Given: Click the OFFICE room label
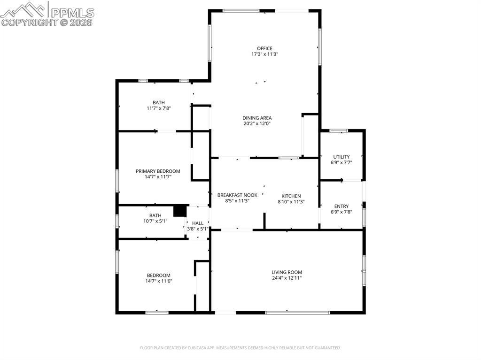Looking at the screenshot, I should (264, 48).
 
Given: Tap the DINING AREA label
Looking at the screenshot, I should (257, 118).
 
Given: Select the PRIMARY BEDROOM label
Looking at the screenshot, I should (158, 171).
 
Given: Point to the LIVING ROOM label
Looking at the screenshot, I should (287, 272).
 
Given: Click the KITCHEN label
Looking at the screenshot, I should (291, 196).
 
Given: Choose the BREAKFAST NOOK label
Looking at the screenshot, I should (237, 195).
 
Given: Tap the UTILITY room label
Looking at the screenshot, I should (341, 157).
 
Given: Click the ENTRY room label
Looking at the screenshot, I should (341, 206).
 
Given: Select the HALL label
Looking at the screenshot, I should (198, 223).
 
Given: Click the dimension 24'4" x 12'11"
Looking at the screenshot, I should (287, 278).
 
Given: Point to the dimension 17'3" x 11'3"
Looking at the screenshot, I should (264, 54).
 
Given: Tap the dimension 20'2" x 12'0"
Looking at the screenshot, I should (257, 123).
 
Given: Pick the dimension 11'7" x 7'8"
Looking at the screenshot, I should (158, 108).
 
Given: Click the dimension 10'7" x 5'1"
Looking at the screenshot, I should (155, 221).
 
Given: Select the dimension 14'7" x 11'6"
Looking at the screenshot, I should (158, 281).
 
